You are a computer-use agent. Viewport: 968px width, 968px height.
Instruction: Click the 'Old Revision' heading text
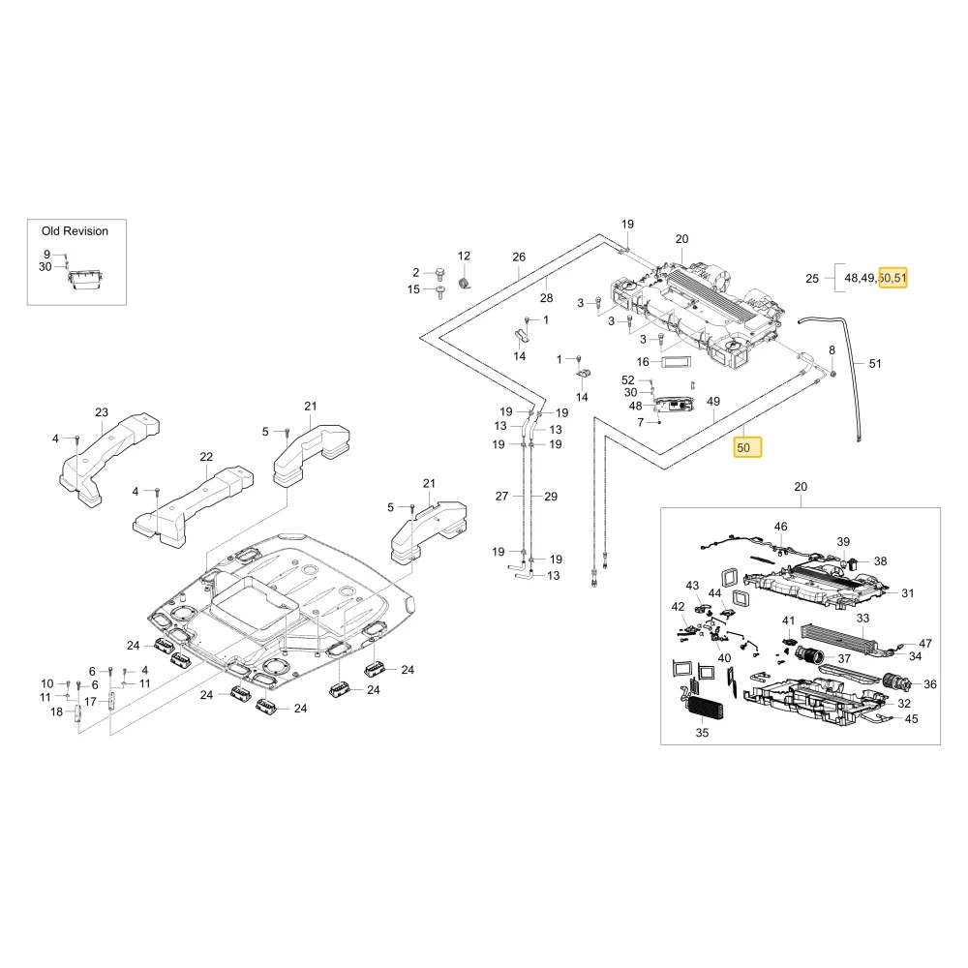75,231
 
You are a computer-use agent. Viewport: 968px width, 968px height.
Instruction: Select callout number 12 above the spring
464,256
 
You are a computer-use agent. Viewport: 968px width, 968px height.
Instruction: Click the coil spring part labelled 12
465,282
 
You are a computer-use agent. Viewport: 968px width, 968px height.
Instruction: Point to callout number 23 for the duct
102,411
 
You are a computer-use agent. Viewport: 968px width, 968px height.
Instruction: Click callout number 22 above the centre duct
206,456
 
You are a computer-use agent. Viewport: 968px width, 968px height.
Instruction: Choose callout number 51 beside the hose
875,364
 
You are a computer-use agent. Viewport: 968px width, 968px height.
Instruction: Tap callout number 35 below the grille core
702,733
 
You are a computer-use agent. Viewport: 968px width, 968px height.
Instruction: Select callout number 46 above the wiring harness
780,527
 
